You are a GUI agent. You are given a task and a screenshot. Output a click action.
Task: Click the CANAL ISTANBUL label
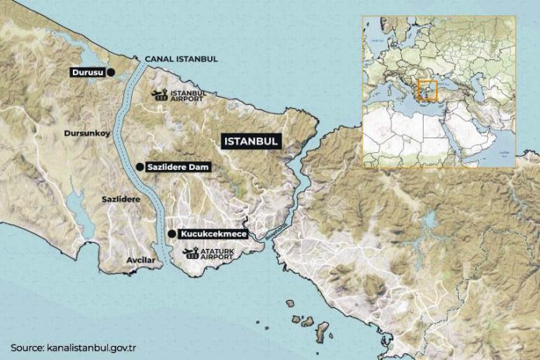pyautogui.click(x=181, y=59)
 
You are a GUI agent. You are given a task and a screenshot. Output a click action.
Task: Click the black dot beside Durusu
pyautogui.click(x=110, y=72)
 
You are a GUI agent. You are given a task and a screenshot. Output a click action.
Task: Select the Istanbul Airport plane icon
pyautogui.click(x=160, y=95)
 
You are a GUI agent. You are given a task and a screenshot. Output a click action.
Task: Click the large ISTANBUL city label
pyautogui.click(x=251, y=141)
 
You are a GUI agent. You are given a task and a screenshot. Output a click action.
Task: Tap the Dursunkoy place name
pyautogui.click(x=87, y=133)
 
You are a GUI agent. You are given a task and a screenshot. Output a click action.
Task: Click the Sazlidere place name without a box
pyautogui.click(x=121, y=199)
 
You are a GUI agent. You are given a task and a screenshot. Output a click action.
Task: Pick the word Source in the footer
pyautogui.click(x=27, y=347)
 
